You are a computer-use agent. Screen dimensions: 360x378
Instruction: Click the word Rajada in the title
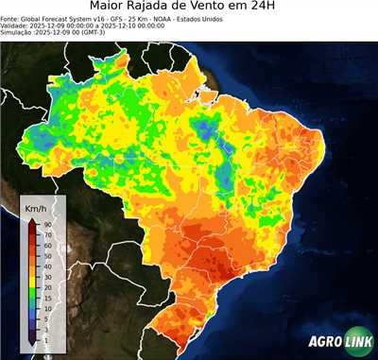tap(164, 8)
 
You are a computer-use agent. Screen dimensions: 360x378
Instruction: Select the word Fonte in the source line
tap(10, 18)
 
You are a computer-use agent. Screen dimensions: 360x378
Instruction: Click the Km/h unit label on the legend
tap(36, 207)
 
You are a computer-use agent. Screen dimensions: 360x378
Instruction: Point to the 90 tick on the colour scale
tap(46, 224)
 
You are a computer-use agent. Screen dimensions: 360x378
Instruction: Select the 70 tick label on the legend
tap(46, 234)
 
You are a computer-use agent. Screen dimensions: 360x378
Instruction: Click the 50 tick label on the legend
tap(46, 255)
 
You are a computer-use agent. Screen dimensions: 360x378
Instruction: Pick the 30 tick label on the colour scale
tap(46, 276)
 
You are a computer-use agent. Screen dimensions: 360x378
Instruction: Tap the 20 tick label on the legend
tap(46, 286)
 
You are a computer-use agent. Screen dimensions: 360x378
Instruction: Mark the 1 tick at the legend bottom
tap(45, 338)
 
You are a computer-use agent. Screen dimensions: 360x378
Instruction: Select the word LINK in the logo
tap(357, 342)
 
